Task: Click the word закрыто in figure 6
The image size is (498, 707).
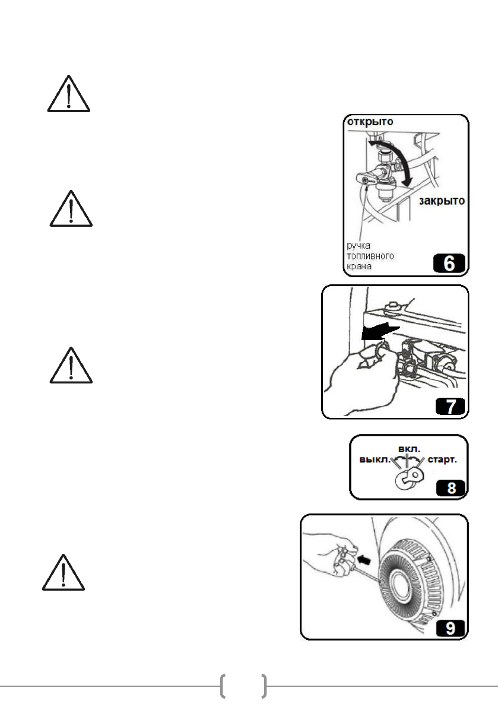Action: pos(441,201)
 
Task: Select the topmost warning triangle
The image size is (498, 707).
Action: pos(69,94)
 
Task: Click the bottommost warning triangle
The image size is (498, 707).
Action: pos(64,573)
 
